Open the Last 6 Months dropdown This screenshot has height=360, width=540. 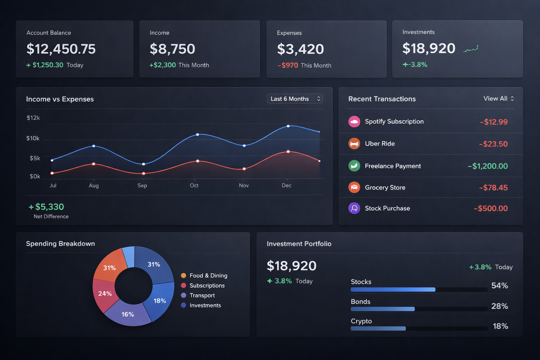click(x=295, y=99)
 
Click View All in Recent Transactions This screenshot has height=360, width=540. click(x=498, y=98)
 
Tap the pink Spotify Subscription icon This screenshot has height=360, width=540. click(x=354, y=122)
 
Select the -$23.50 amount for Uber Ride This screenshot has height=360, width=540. click(x=493, y=144)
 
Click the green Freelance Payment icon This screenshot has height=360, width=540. click(x=354, y=166)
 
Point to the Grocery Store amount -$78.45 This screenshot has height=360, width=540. click(x=493, y=188)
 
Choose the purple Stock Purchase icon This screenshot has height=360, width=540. click(x=354, y=208)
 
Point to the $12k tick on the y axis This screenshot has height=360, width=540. click(x=33, y=118)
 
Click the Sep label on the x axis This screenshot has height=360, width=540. click(x=142, y=185)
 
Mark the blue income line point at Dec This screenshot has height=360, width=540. click(x=288, y=126)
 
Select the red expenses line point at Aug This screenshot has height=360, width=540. click(x=94, y=164)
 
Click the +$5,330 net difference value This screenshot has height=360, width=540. click(x=46, y=207)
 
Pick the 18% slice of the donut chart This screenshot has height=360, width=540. click(x=160, y=301)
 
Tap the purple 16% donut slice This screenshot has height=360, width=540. click(x=128, y=314)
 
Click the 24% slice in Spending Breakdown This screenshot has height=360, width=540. click(x=104, y=293)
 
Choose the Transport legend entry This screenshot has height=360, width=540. click(x=202, y=295)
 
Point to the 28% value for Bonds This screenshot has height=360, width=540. click(x=499, y=306)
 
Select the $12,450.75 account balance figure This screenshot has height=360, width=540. click(x=61, y=49)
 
